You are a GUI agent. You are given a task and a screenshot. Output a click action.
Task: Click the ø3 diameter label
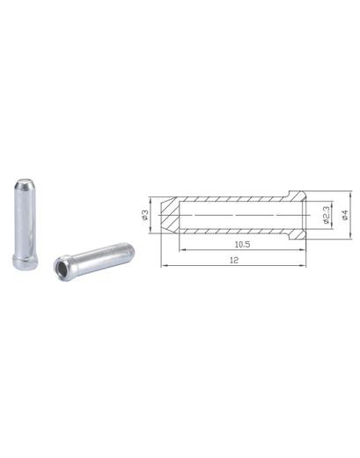coord(144,215)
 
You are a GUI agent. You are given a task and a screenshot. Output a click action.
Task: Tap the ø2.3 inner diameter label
coord(326,215)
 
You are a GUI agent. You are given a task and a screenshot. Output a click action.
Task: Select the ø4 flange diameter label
coord(345,215)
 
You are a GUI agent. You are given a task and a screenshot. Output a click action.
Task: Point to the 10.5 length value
coord(242,244)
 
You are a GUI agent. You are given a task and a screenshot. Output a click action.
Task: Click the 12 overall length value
coord(234,260)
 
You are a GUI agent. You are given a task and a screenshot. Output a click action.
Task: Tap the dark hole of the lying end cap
coord(61,267)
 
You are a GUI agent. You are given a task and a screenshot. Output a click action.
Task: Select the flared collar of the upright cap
coord(26,262)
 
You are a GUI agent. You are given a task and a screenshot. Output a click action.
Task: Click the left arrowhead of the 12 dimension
coord(164,265)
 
